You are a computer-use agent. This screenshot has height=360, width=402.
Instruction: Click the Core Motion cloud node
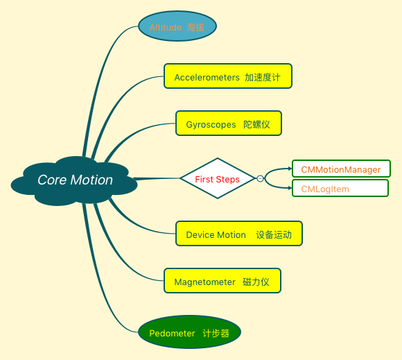pyautogui.click(x=74, y=180)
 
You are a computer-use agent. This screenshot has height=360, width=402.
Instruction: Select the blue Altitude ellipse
pyautogui.click(x=177, y=27)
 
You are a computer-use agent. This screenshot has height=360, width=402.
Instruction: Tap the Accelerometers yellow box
pyautogui.click(x=227, y=76)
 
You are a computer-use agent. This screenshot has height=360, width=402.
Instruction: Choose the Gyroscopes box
pyautogui.click(x=228, y=123)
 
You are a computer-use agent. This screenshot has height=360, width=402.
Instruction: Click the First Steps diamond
pyautogui.click(x=218, y=179)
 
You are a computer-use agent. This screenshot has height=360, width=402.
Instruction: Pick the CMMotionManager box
pyautogui.click(x=341, y=169)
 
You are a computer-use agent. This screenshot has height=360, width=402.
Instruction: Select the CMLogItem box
pyautogui.click(x=340, y=188)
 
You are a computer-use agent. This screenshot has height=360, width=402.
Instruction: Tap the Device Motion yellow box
pyautogui.click(x=238, y=234)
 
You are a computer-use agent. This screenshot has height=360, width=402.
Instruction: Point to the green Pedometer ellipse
pyautogui.click(x=189, y=332)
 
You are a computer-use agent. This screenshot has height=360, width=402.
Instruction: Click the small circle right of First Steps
pyautogui.click(x=261, y=179)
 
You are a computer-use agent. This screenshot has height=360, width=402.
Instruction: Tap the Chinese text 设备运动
pyautogui.click(x=274, y=234)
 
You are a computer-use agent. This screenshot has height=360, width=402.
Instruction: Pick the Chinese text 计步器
pyautogui.click(x=216, y=333)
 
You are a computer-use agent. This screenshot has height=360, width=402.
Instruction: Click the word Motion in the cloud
pyautogui.click(x=91, y=180)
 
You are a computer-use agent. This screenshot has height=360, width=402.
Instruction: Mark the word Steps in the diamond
pyautogui.click(x=228, y=179)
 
